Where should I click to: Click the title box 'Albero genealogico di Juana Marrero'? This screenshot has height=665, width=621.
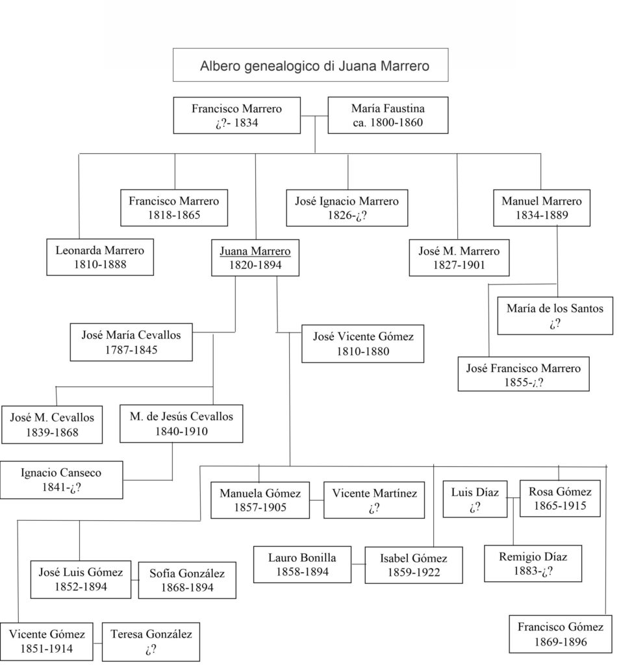coord(310,65)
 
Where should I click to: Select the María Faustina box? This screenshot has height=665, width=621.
coord(388,115)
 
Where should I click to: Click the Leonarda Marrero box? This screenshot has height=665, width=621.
coord(99,257)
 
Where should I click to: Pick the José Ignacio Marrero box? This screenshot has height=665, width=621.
coord(347,208)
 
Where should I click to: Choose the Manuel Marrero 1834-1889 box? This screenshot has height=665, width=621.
coord(541,208)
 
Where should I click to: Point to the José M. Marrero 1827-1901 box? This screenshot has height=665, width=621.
coord(459,258)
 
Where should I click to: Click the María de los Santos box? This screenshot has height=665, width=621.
coord(555,316)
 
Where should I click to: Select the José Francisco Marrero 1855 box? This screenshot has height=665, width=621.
coord(523,375)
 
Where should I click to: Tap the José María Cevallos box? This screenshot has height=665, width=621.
coord(131,342)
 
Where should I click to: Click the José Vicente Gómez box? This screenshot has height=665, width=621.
coord(362,344)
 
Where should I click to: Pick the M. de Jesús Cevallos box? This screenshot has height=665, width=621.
coord(181,423)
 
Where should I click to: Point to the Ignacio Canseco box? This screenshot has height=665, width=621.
coord(61,480)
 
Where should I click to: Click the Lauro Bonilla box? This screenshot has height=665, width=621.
coord(299,564)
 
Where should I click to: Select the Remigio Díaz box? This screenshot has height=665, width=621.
coord(532,564)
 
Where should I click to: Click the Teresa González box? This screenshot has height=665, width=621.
coord(151,642)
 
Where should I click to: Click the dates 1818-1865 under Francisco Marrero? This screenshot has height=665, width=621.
coord(173,216)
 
